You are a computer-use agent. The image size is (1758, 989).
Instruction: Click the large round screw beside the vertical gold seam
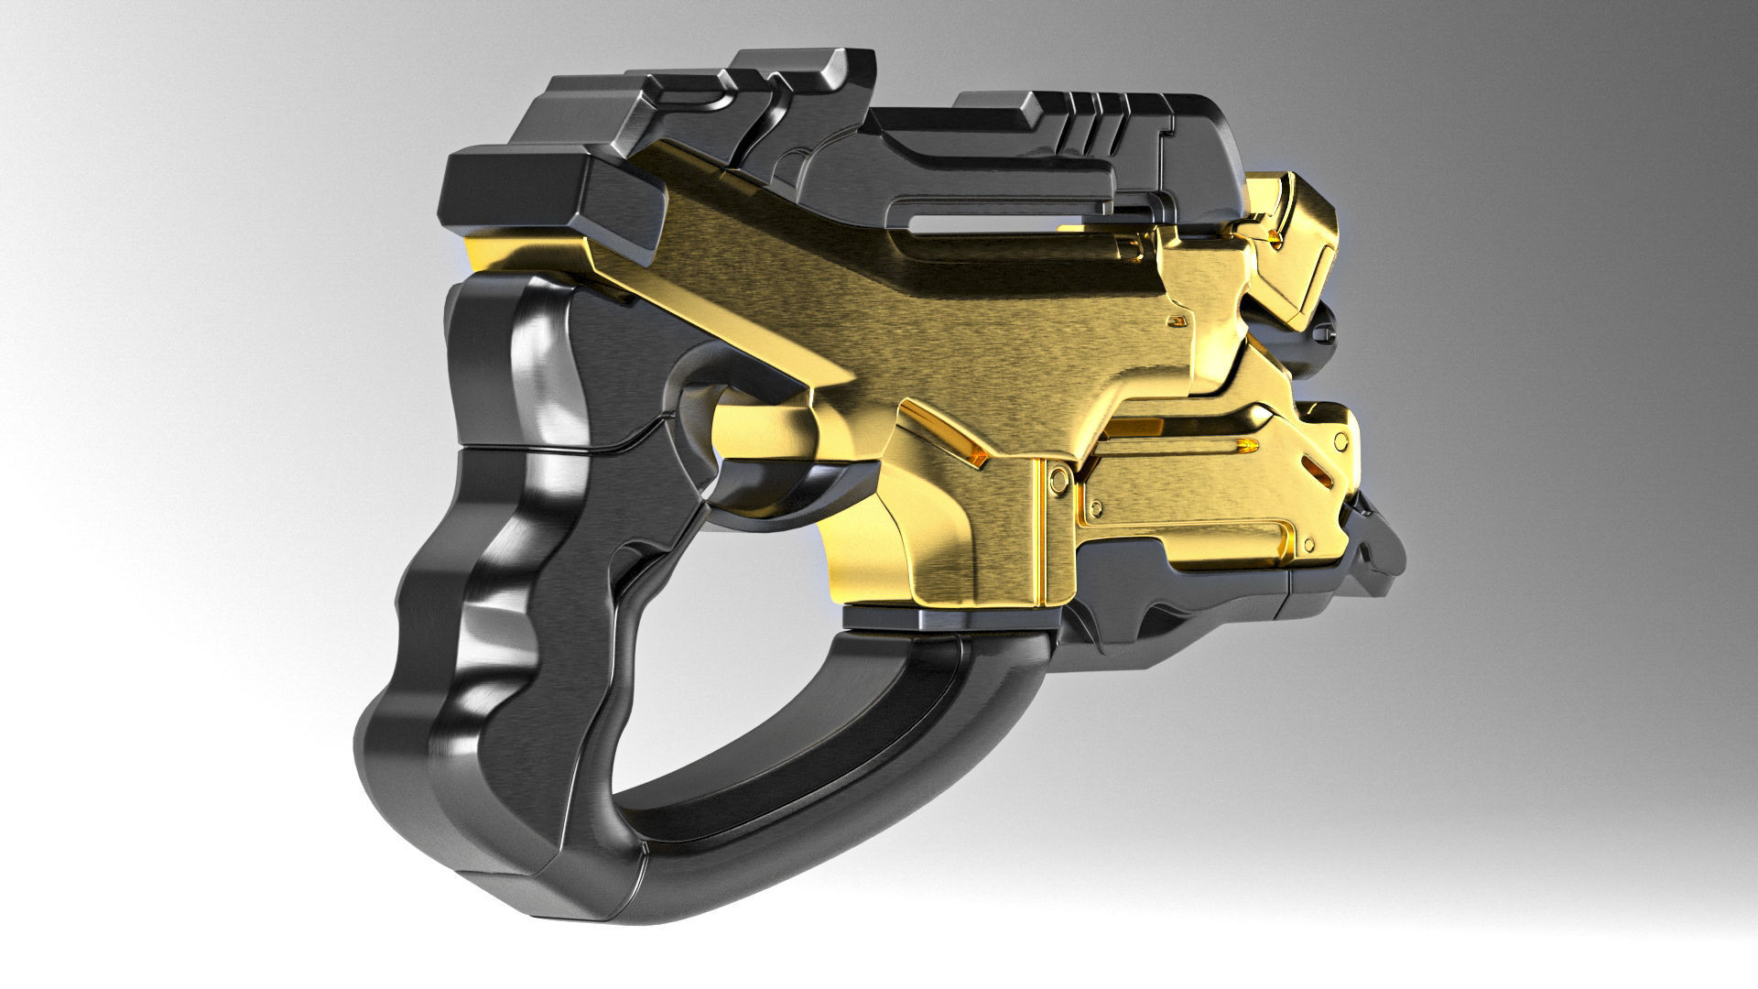pos(1058,477)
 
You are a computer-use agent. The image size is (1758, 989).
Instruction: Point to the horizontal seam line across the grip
pos(549,449)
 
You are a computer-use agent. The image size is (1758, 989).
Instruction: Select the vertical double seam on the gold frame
pos(1041,531)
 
